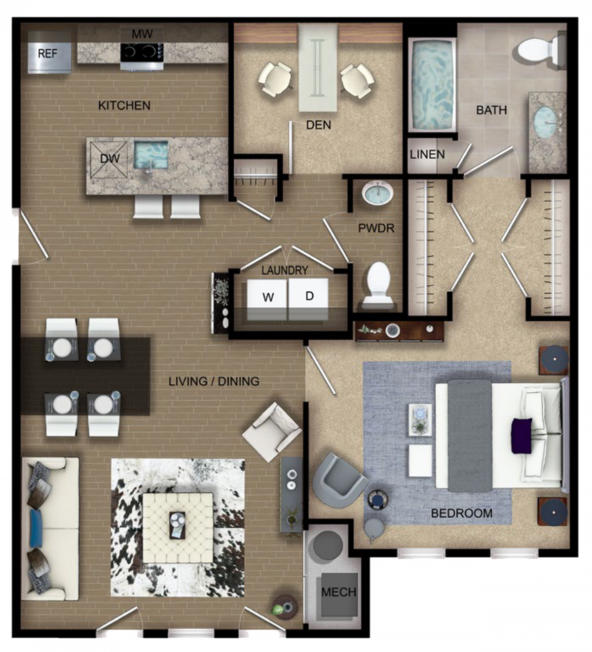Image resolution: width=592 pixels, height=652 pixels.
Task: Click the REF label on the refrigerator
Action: (47, 53)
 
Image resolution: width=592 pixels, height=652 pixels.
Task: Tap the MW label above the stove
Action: (142, 34)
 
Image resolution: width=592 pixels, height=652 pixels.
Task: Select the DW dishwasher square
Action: (109, 160)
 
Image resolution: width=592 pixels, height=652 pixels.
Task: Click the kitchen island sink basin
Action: (151, 155)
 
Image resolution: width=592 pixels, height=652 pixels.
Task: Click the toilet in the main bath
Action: (541, 50)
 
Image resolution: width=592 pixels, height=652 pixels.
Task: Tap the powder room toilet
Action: (378, 284)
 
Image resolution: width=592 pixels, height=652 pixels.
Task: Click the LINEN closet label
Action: (427, 154)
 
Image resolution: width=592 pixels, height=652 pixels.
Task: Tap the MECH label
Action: (339, 592)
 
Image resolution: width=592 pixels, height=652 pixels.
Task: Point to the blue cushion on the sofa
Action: (37, 528)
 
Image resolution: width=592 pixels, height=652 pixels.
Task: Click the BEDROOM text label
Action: (461, 513)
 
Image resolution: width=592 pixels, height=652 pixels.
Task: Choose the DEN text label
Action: (319, 125)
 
